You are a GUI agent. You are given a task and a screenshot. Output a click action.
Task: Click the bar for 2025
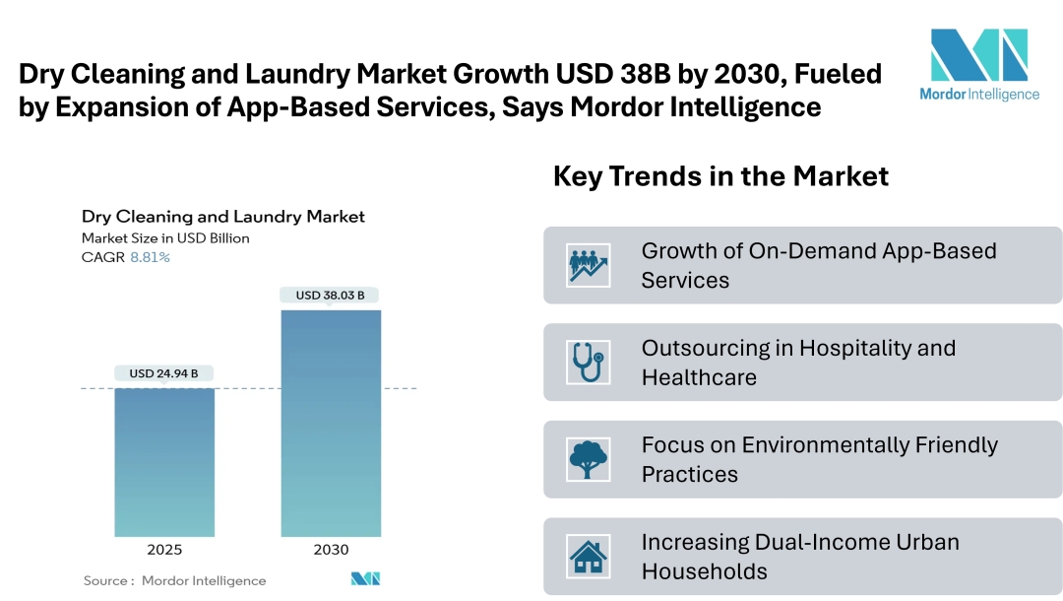click(x=164, y=462)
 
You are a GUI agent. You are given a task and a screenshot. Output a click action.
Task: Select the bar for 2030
click(x=331, y=424)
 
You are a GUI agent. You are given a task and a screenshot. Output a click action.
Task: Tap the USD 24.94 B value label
click(x=164, y=373)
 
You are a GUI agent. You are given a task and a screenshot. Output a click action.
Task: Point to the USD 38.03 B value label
click(x=331, y=295)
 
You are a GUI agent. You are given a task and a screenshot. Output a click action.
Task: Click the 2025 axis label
click(x=164, y=550)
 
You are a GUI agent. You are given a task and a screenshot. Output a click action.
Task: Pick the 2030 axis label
click(x=331, y=550)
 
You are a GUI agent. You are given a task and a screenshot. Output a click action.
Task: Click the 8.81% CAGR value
click(x=150, y=257)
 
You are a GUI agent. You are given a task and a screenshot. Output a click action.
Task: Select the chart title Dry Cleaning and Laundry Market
click(x=222, y=217)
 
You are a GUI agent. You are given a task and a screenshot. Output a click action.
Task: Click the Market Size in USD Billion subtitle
click(x=165, y=237)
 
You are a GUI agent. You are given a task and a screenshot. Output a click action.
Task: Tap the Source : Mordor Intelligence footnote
click(x=174, y=580)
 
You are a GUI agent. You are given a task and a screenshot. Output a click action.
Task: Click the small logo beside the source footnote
click(x=365, y=579)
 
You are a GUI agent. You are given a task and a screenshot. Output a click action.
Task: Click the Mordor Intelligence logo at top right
click(x=978, y=64)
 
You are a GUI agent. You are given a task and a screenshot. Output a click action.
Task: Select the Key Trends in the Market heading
click(x=720, y=176)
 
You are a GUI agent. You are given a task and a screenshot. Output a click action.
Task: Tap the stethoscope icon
click(x=589, y=363)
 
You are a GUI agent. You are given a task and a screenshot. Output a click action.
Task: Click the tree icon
click(x=589, y=459)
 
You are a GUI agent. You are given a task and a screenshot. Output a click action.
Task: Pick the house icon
click(x=589, y=557)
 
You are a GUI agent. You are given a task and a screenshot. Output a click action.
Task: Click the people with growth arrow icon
click(x=589, y=265)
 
